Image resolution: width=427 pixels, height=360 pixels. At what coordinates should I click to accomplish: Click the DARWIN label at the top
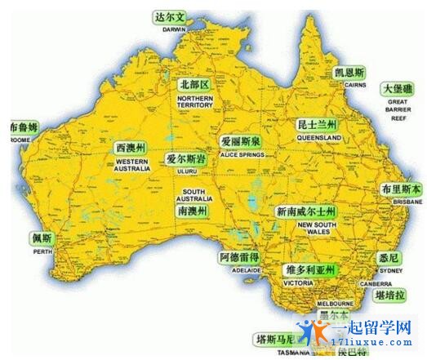(174, 29)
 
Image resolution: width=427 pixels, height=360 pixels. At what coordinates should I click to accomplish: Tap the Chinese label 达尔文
(171, 16)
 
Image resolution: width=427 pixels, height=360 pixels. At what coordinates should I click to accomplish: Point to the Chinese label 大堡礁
(397, 87)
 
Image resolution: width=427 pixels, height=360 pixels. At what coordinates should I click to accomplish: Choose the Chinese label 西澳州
(131, 149)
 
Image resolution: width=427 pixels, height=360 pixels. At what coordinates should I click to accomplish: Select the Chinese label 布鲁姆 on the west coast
(23, 128)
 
